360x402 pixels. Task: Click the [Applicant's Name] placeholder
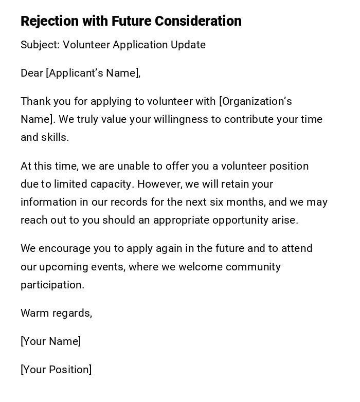pyautogui.click(x=93, y=73)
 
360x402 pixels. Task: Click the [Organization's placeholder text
pyautogui.click(x=256, y=101)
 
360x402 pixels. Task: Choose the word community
pyautogui.click(x=253, y=267)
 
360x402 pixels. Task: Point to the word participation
pyautogui.click(x=52, y=285)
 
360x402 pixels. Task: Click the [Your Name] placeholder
pyautogui.click(x=50, y=341)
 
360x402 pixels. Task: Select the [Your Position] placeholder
pyautogui.click(x=56, y=370)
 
